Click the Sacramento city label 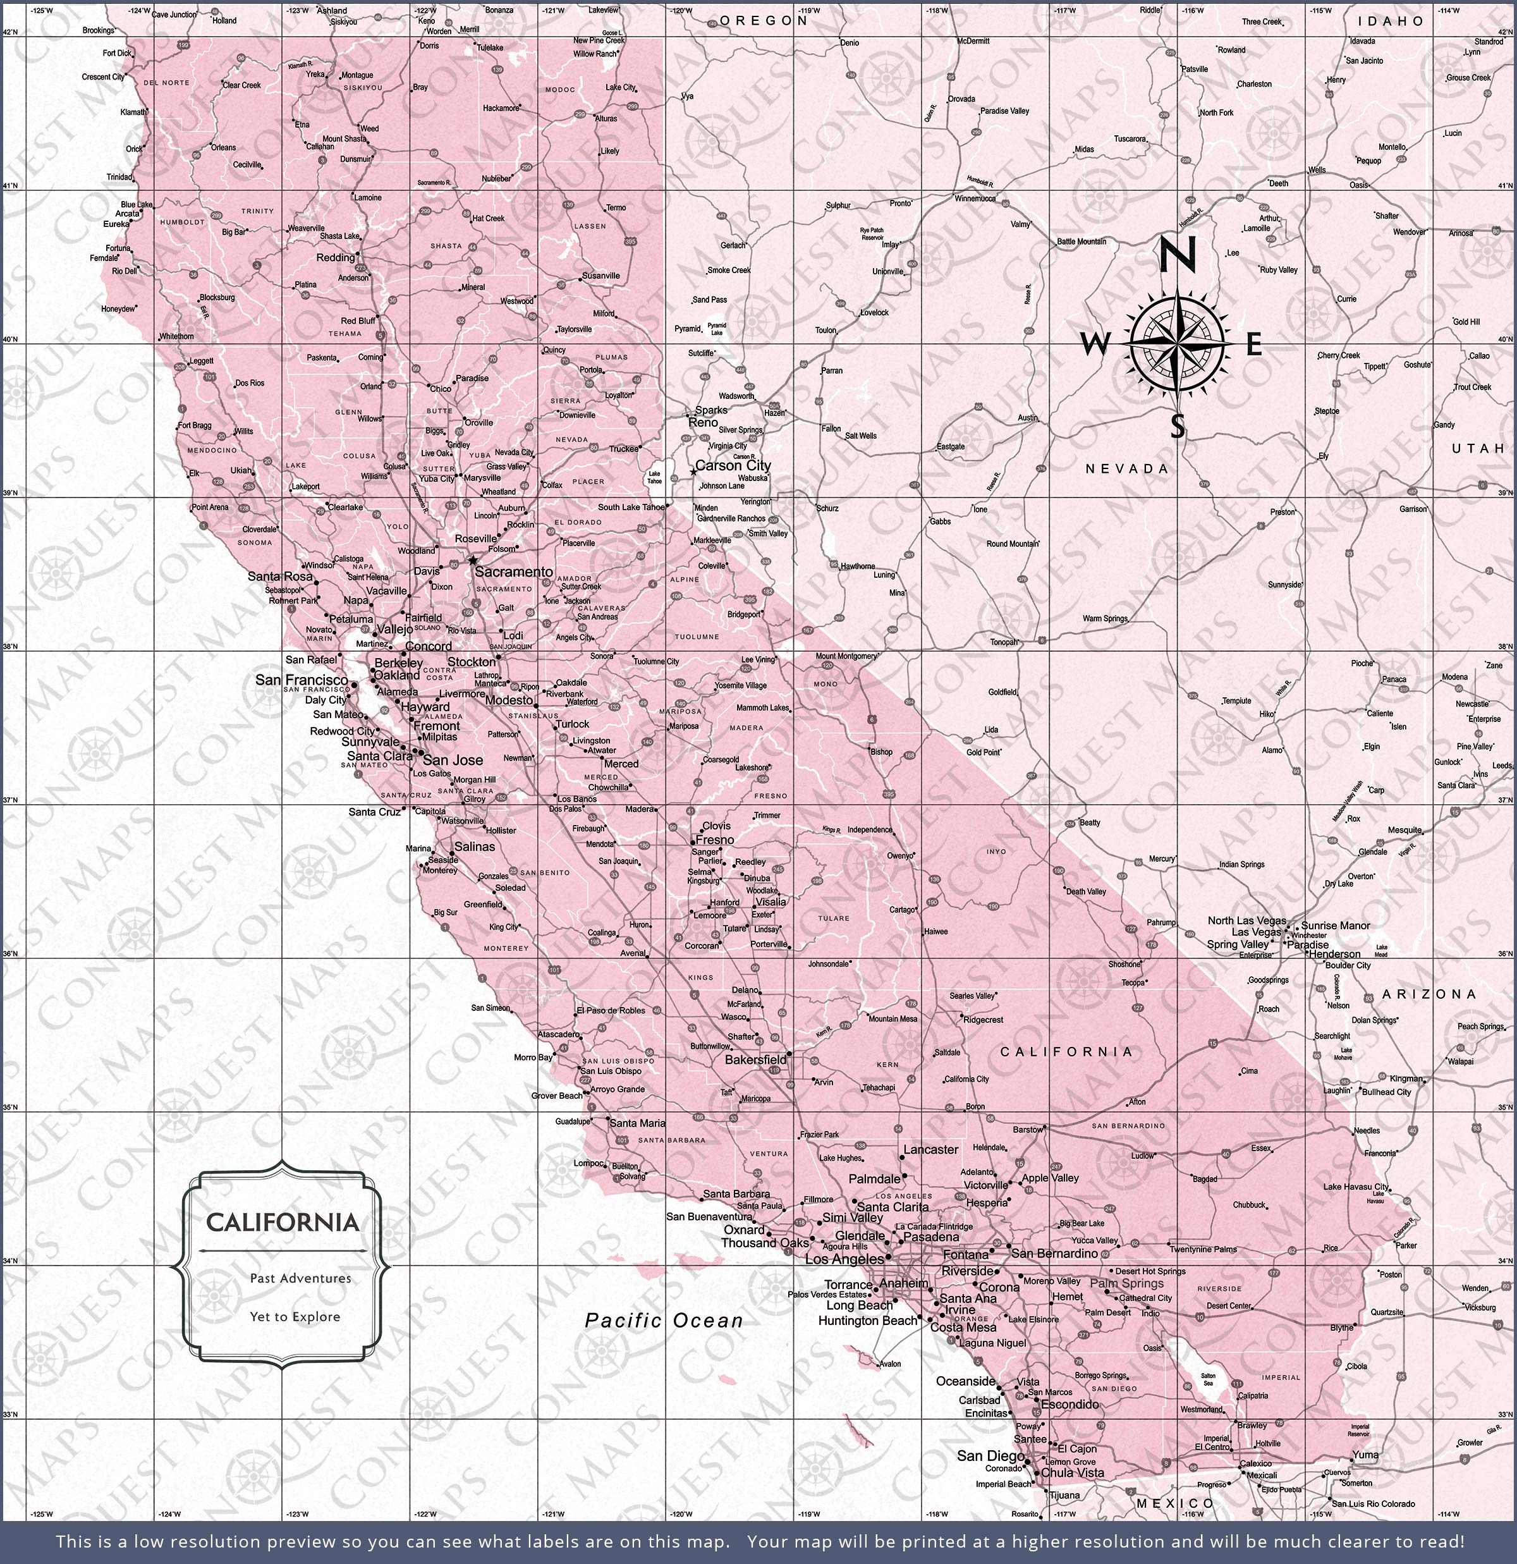click(513, 571)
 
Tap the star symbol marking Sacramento click(472, 561)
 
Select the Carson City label click(733, 465)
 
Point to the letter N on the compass click(1177, 256)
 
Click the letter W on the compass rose click(1094, 345)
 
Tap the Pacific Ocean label click(664, 1321)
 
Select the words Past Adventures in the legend click(300, 1278)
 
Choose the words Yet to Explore click(295, 1317)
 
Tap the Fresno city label click(714, 840)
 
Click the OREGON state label click(764, 21)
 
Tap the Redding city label click(335, 258)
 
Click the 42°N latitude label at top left click(9, 32)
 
